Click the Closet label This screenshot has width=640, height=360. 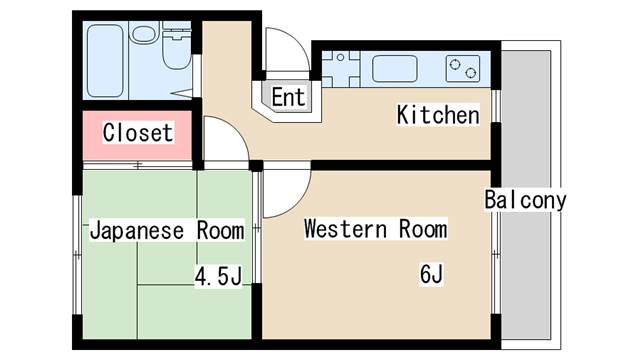click(x=138, y=132)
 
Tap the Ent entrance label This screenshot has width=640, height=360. click(x=288, y=97)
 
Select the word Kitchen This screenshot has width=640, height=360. click(x=438, y=115)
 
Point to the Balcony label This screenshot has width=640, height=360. click(x=525, y=200)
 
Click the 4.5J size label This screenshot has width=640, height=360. click(x=218, y=276)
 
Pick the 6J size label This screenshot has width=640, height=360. click(x=431, y=273)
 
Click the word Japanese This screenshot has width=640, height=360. click(x=137, y=231)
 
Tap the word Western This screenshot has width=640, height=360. click(x=345, y=229)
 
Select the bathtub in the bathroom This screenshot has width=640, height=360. click(x=105, y=60)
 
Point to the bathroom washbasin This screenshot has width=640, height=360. click(x=145, y=33)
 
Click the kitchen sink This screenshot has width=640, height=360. click(x=395, y=68)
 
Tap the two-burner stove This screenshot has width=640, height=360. click(x=462, y=69)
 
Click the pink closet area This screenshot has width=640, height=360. click(x=137, y=136)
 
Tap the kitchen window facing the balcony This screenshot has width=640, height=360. click(x=496, y=106)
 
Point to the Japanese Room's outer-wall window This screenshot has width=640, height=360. click(x=77, y=255)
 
